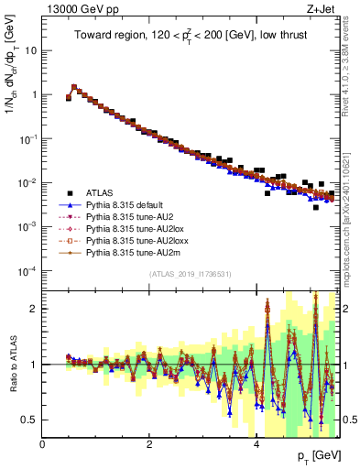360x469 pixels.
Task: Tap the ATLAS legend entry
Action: (98, 193)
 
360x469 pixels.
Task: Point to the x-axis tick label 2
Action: (149, 444)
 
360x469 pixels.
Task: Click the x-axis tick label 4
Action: (256, 444)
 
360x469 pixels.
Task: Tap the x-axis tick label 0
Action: (42, 444)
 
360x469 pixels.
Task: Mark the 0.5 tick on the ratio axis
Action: (31, 420)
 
